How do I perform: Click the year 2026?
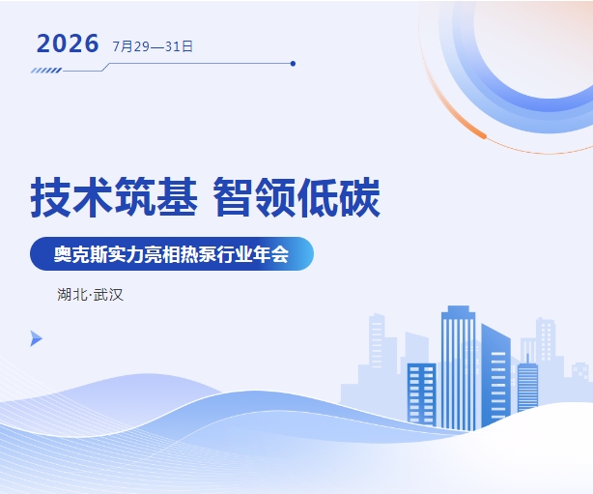pos(68,44)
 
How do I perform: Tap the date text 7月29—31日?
pos(153,46)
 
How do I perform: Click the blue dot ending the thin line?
pos(293,64)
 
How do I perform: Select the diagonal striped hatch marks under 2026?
pos(46,71)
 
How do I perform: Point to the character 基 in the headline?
pos(177,197)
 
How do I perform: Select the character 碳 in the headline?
pos(359,197)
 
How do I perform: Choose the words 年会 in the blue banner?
pos(270,254)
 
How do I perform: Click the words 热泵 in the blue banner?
pos(199,254)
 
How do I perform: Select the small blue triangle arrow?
pos(36,338)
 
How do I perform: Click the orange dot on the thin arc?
pos(483,135)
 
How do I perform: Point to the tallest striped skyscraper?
pos(459,368)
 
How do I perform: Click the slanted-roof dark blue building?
pos(495,375)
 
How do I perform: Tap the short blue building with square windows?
pos(422,394)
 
